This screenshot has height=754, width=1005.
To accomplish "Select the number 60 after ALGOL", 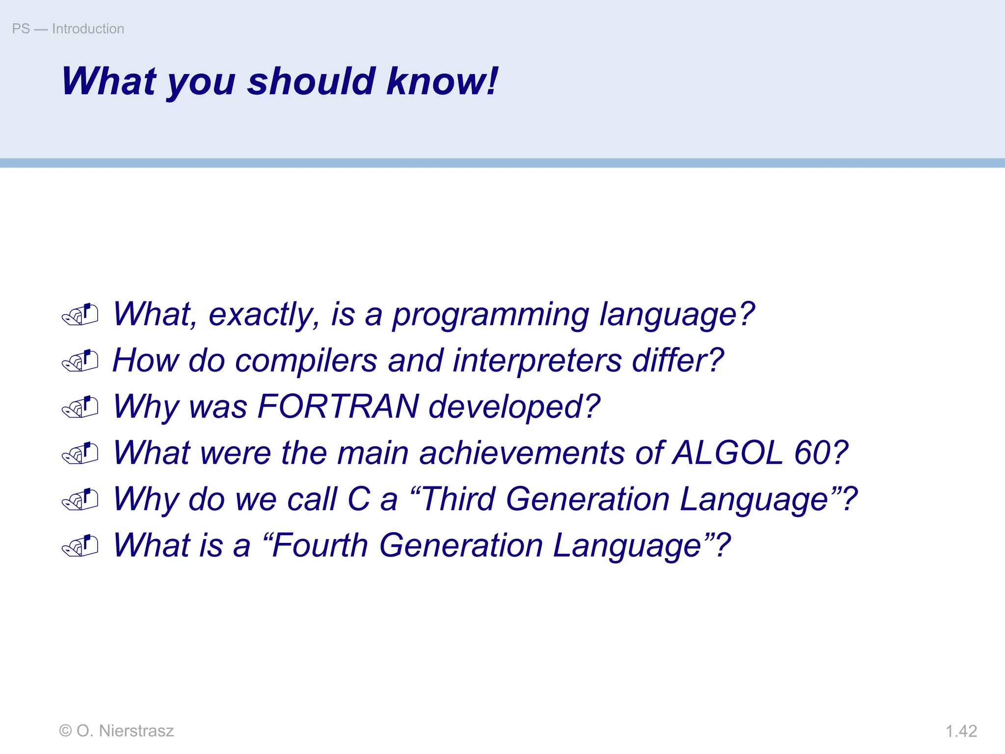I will (x=812, y=453).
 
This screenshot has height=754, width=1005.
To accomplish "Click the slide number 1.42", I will (x=961, y=731).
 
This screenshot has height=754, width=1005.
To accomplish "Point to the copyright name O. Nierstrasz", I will (x=125, y=731).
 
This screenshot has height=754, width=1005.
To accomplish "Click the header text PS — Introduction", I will (x=68, y=29).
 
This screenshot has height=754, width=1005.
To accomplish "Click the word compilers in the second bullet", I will (x=306, y=361).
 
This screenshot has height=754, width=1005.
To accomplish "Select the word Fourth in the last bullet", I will (x=319, y=545).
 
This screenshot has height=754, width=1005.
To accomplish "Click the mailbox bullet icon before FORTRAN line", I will (x=80, y=407).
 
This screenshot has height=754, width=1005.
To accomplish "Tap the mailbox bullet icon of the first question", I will (x=80, y=315).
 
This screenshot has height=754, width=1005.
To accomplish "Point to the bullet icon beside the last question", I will (x=80, y=546).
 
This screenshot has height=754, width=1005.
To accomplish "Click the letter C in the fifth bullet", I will (x=358, y=499).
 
